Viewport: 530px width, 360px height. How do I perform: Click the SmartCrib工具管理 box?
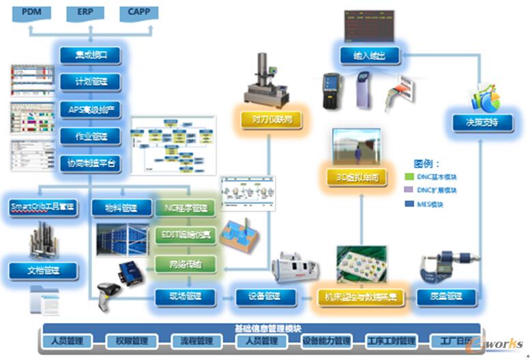point(42,206)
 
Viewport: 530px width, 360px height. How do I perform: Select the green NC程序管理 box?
point(186,208)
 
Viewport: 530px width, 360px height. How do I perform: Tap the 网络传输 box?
point(186,263)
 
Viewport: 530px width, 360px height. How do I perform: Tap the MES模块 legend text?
point(438,204)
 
